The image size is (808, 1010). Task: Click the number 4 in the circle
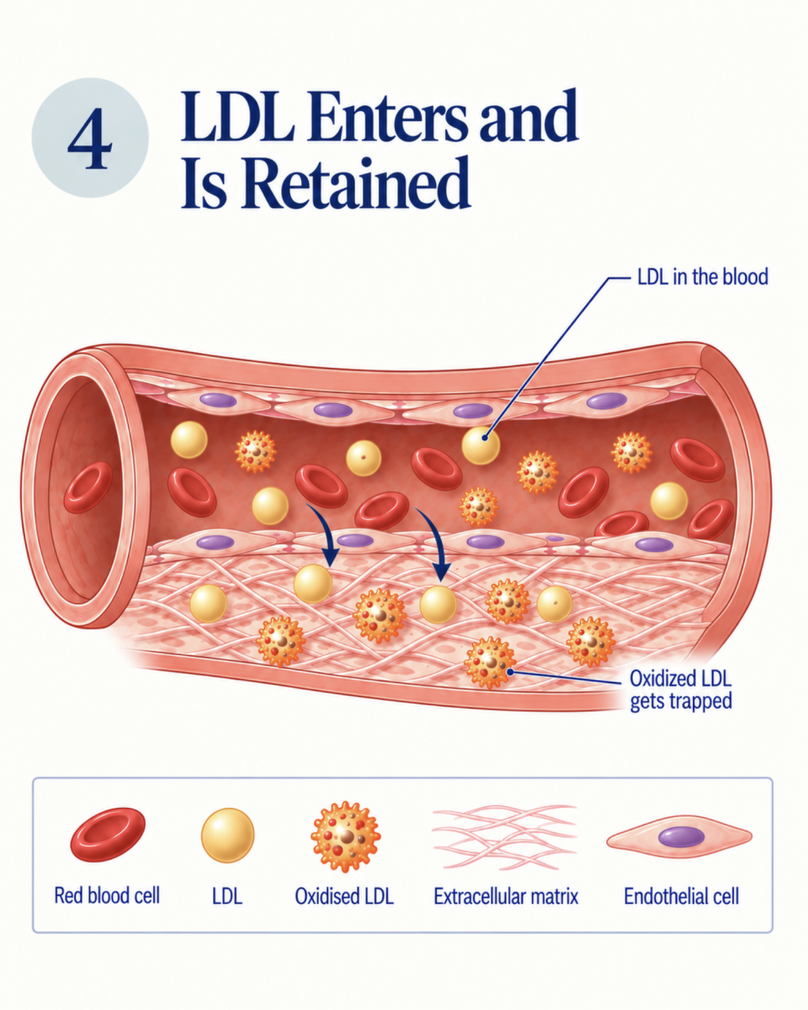point(90,138)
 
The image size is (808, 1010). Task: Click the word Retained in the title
point(356,183)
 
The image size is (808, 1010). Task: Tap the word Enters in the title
point(387,115)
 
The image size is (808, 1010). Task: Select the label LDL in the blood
point(702,277)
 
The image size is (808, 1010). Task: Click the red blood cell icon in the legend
point(108,835)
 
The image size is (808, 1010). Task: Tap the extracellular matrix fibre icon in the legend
point(504,837)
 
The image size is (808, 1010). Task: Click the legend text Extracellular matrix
point(506,896)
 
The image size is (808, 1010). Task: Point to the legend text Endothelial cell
point(681,896)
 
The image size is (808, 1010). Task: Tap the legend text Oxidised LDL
point(344,896)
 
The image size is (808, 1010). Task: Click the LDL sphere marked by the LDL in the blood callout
point(481,445)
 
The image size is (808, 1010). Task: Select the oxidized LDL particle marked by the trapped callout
point(490,662)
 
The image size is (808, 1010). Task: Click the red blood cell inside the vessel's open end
point(88,487)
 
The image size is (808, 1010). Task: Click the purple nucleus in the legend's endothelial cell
point(681,837)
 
